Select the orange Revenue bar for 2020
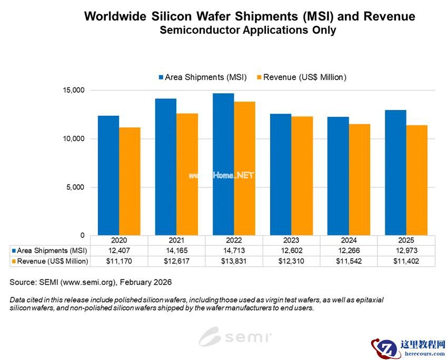click(x=130, y=182)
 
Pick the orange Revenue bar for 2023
click(x=302, y=176)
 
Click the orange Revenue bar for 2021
click(x=187, y=174)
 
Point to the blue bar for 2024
click(x=338, y=176)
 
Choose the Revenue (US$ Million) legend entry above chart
click(x=301, y=77)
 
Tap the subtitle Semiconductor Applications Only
click(x=247, y=30)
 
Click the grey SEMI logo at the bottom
click(x=235, y=336)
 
